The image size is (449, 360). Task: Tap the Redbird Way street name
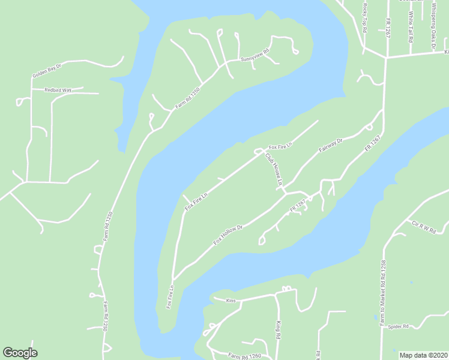(58, 90)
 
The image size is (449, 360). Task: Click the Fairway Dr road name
(330, 145)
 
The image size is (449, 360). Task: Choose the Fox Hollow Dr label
(228, 235)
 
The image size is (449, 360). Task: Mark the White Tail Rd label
(411, 27)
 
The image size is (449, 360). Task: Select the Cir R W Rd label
(423, 226)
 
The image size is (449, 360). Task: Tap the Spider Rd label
(397, 326)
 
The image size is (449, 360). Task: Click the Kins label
(231, 299)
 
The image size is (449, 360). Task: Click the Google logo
(20, 353)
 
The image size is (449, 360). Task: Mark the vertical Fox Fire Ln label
(170, 293)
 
